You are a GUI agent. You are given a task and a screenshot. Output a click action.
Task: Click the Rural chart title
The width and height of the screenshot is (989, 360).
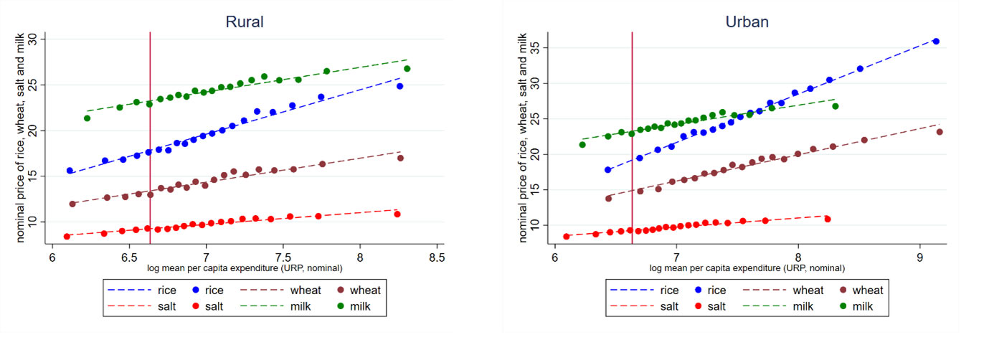click(245, 22)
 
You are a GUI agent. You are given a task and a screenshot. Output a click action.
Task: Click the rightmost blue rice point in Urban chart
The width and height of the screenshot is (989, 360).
click(936, 42)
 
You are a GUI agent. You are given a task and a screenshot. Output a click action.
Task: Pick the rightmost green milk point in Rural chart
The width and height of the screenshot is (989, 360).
click(407, 69)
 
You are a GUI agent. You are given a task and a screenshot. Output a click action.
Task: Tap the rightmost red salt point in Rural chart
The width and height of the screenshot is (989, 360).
click(397, 214)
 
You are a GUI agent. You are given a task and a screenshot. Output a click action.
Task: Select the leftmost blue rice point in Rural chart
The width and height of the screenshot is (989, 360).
click(70, 171)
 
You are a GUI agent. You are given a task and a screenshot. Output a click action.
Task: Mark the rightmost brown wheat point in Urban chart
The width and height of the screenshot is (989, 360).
click(940, 132)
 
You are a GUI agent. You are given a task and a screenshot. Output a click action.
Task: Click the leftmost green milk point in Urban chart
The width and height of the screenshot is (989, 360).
click(582, 144)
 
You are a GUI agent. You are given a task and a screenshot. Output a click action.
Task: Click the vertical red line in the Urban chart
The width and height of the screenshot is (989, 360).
click(632, 143)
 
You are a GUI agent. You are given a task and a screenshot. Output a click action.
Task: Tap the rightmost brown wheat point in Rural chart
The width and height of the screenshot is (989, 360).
click(400, 158)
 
